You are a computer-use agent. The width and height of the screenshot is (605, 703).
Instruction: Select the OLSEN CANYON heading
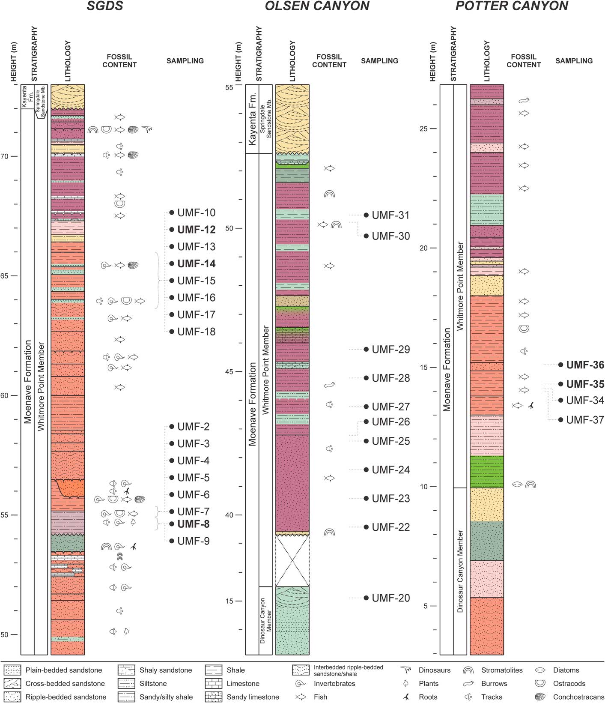(317, 6)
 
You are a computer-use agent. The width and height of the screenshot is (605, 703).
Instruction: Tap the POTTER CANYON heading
(512, 6)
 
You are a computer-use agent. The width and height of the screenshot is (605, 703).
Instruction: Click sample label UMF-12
(196, 230)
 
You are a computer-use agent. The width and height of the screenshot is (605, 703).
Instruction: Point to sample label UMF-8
(194, 524)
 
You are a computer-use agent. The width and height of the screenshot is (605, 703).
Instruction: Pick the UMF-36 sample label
(585, 365)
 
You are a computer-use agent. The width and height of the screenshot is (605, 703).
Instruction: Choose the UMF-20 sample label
(390, 598)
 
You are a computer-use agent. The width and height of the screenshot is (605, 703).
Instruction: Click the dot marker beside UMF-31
(366, 215)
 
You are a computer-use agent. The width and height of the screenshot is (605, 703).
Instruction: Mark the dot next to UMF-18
(172, 332)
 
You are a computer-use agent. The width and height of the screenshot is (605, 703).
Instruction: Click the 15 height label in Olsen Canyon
(229, 601)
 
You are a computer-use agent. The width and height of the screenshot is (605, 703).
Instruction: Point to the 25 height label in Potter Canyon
(423, 129)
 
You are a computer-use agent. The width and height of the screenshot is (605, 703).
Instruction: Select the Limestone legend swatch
(213, 684)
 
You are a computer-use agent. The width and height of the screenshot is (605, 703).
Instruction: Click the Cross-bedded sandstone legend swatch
(12, 684)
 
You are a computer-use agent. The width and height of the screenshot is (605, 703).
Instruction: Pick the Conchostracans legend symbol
(541, 697)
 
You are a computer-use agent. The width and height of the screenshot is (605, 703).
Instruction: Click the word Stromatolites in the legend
(502, 670)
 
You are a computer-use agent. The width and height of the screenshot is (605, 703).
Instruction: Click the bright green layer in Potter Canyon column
(486, 471)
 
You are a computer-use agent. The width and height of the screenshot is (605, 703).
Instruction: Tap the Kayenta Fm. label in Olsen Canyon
(252, 119)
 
